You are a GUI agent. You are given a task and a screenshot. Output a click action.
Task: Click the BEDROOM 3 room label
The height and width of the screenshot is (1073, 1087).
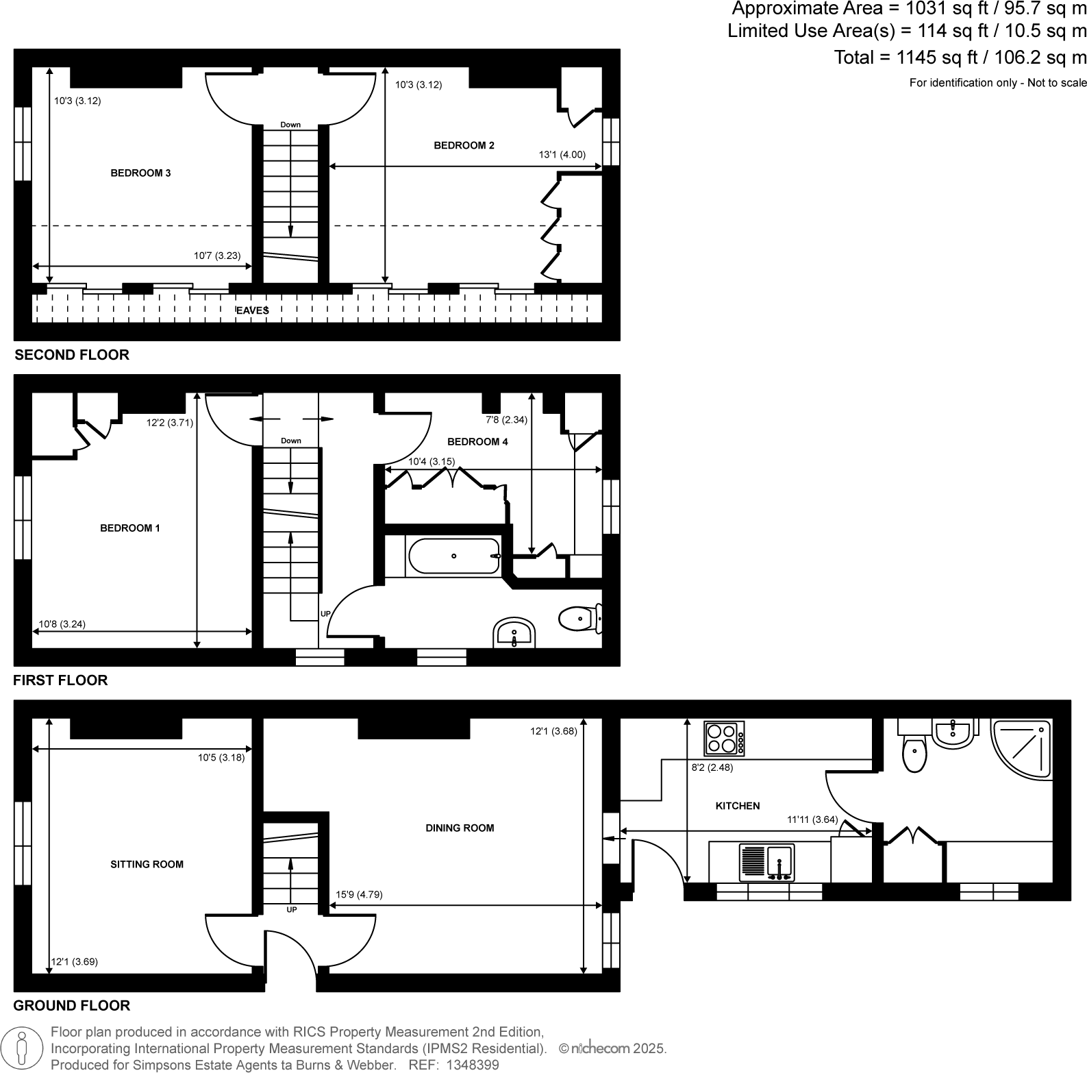click(x=140, y=173)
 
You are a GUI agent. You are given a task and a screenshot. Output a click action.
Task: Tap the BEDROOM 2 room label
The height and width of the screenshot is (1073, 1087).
click(x=464, y=145)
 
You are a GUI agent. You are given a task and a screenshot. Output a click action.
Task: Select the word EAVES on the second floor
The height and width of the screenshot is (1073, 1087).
click(x=253, y=311)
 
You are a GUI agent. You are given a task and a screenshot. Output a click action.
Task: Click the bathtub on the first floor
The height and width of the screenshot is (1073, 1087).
click(x=453, y=556)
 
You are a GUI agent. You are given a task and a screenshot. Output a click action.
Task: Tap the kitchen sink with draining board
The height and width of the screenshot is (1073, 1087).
click(x=766, y=863)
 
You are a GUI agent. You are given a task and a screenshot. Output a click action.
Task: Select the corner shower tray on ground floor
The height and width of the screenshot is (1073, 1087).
click(x=1021, y=748)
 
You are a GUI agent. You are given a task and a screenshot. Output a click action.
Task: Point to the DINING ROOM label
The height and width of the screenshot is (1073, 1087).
click(x=460, y=828)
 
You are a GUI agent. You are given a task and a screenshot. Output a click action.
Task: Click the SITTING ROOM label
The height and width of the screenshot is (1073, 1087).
click(x=147, y=865)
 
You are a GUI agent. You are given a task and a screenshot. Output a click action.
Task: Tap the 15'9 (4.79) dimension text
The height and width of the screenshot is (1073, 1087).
click(x=359, y=894)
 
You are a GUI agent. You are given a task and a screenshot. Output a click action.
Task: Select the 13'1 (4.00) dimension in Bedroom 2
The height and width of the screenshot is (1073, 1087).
click(x=562, y=155)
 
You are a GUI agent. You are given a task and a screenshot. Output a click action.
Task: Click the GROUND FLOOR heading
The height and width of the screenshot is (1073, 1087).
click(x=72, y=1005)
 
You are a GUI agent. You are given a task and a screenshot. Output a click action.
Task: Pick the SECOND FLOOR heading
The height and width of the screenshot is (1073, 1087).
click(x=72, y=355)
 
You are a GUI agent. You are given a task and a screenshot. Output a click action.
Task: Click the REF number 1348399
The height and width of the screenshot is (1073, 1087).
click(x=473, y=1065)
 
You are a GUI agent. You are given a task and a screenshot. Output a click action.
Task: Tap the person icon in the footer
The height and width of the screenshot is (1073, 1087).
click(x=23, y=1048)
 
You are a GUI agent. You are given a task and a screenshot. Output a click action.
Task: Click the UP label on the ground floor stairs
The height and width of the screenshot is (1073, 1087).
click(x=292, y=910)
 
